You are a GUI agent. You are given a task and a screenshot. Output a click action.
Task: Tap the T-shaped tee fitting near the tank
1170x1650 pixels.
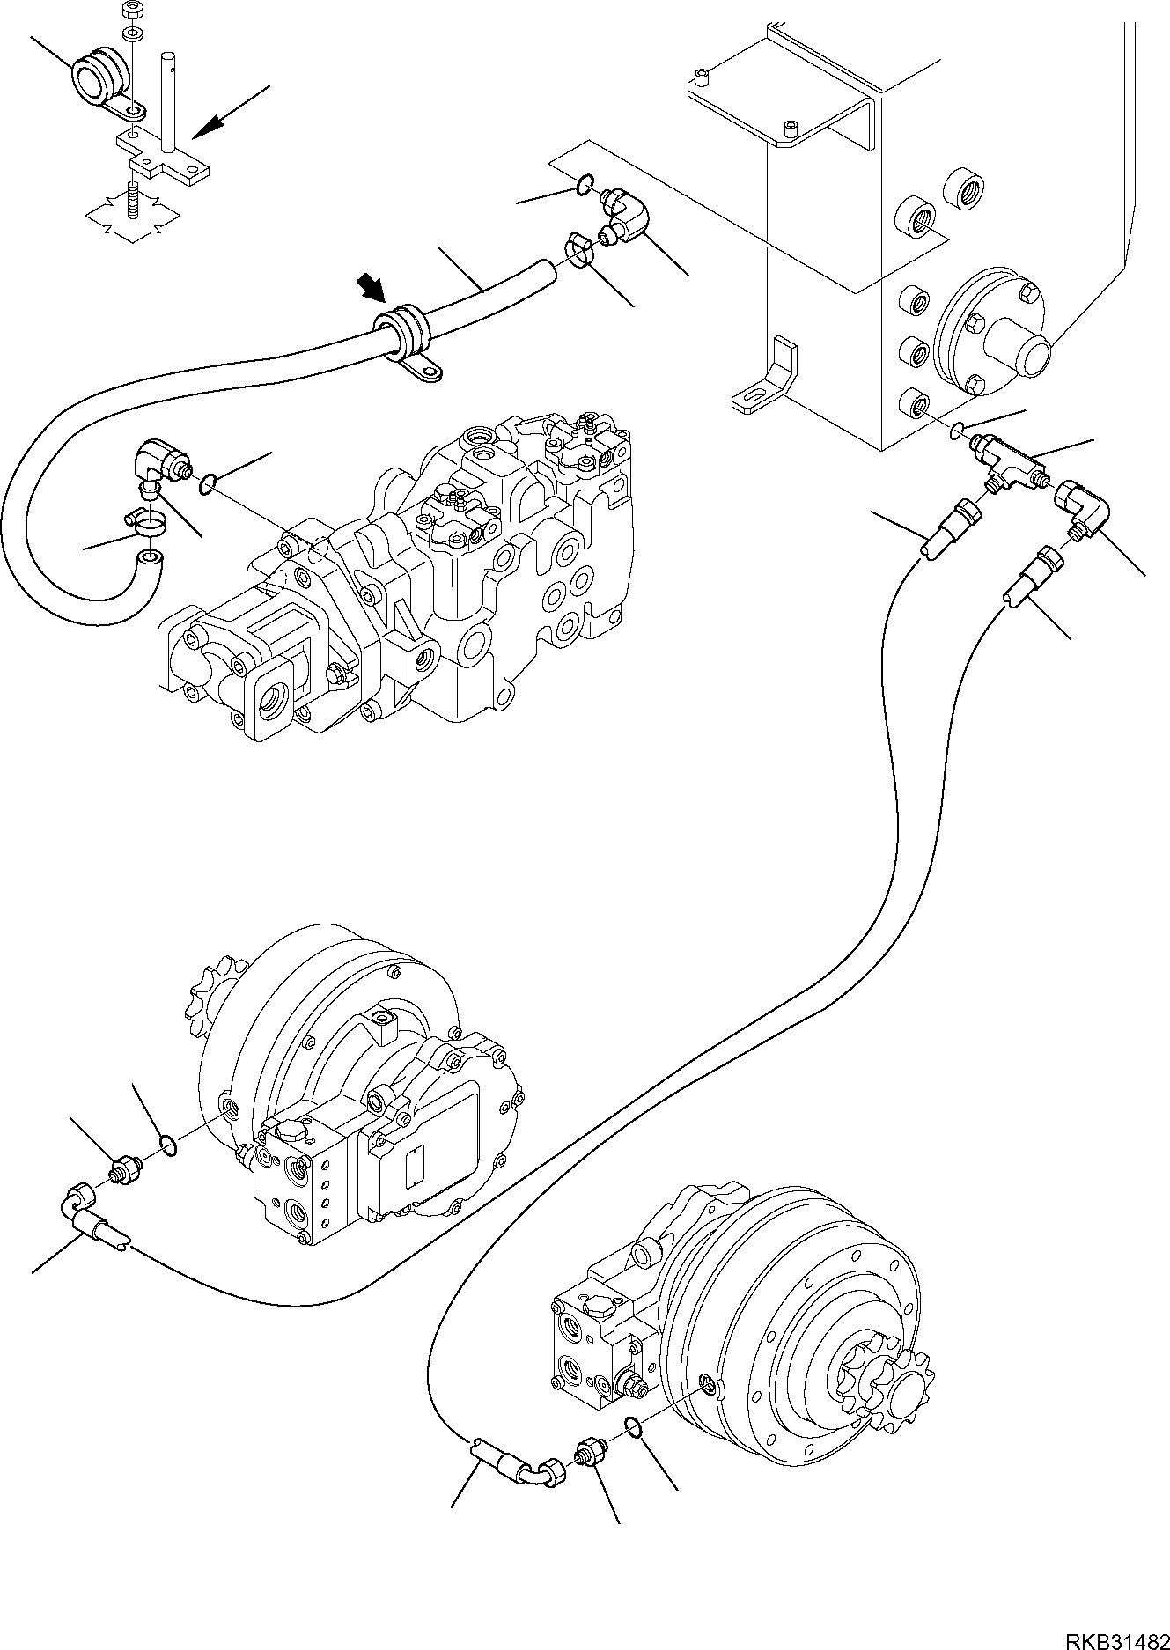point(1005,459)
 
